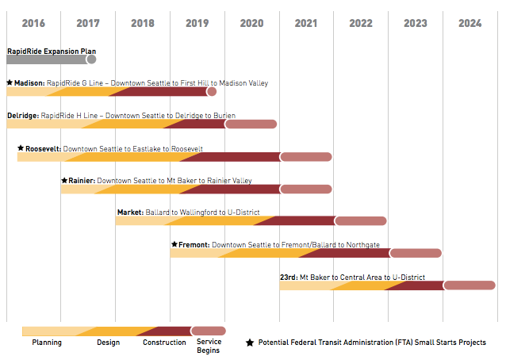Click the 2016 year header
tap(33, 23)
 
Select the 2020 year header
tap(251, 23)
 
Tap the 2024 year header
tap(470, 23)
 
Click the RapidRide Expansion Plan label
tap(52, 51)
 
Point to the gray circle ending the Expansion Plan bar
tap(91, 59)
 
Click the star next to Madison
tap(10, 82)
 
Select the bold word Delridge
tap(22, 115)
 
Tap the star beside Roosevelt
tap(21, 148)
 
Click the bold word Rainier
tap(81, 181)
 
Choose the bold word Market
tap(130, 213)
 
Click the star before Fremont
tap(174, 245)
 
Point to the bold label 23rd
tap(289, 278)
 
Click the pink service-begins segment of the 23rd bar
tap(469, 285)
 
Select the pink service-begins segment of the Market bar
tap(360, 220)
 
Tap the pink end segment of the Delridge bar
tap(251, 124)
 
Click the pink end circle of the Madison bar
tap(212, 92)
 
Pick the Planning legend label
tap(47, 343)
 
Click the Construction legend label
tap(164, 343)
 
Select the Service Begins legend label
tap(209, 346)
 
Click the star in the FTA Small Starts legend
tap(250, 343)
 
